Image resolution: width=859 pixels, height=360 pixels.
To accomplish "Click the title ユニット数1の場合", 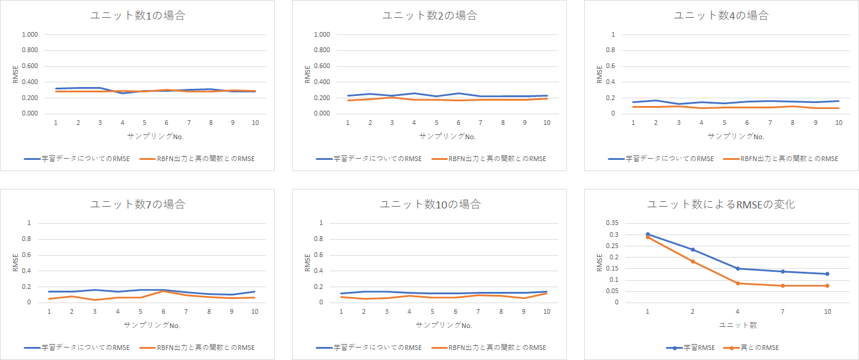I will [137, 16].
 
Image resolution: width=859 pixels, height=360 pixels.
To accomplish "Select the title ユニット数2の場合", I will [430, 16].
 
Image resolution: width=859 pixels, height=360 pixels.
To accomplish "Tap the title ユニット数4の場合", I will [721, 16].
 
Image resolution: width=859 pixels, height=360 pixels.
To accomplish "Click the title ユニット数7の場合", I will [137, 205].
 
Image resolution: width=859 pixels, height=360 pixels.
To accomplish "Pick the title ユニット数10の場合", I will [430, 205].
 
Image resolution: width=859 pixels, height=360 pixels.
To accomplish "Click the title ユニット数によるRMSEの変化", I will [721, 205].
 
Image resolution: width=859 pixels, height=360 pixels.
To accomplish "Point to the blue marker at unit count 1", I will [648, 234].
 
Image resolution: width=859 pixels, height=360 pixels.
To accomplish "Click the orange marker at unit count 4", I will [738, 283].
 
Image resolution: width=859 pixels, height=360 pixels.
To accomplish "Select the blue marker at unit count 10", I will [827, 274].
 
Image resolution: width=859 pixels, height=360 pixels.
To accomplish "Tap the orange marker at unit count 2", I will [693, 261].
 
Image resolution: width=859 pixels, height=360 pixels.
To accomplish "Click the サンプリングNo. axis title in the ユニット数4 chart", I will [736, 136].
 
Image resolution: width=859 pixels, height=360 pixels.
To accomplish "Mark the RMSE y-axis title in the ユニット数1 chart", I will [15, 74].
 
